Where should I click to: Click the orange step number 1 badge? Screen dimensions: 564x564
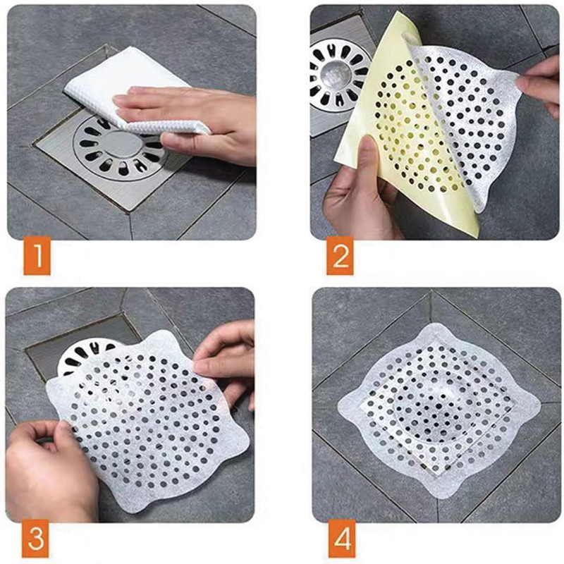[37, 257]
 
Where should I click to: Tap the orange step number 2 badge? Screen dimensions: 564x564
[341, 257]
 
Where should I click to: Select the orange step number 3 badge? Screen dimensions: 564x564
[36, 539]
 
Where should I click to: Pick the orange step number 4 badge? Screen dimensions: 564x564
[342, 539]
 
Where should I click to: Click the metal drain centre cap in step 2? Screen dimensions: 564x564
[336, 75]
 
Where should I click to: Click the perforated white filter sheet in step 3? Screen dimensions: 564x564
[147, 421]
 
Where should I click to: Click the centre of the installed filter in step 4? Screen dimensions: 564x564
[439, 407]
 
